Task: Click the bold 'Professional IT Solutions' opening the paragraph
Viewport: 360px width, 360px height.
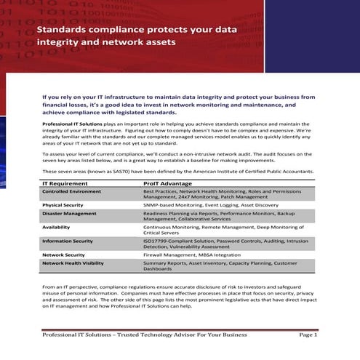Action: click(71, 124)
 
